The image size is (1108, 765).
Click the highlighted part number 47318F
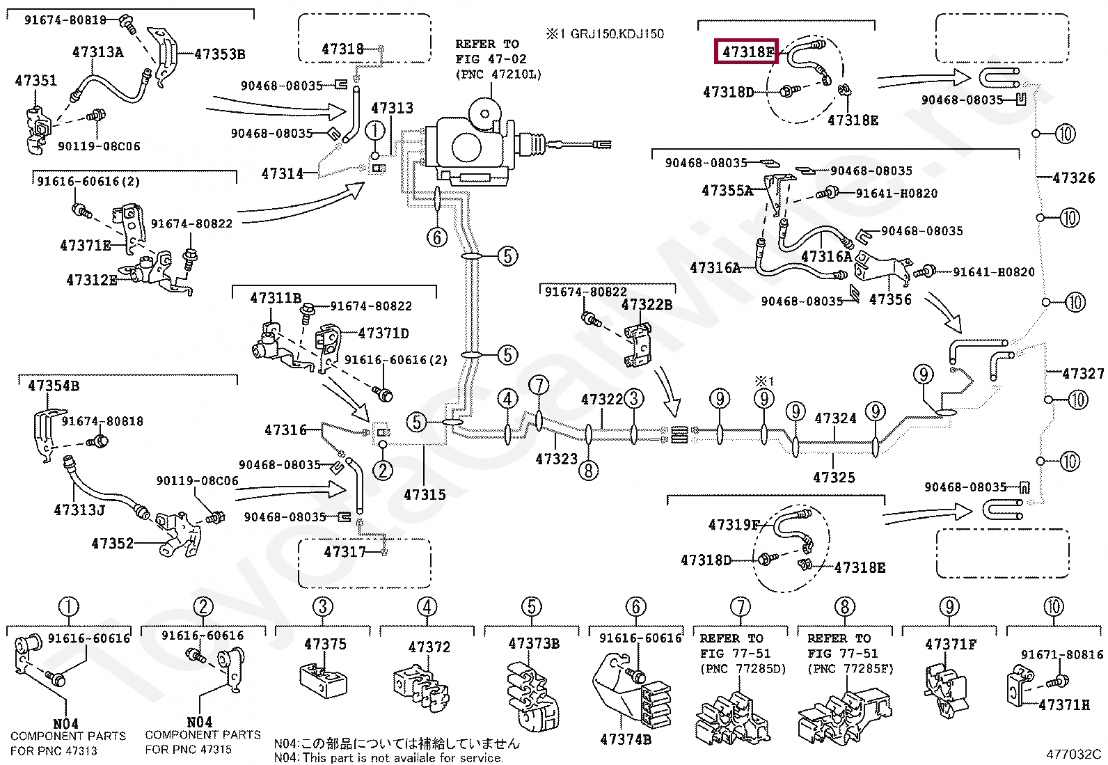click(747, 52)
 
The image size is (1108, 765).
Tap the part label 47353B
click(220, 54)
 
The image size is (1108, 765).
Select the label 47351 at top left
click(35, 80)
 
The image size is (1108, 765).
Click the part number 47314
click(282, 174)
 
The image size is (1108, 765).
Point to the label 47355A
click(727, 191)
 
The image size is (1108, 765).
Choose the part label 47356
click(890, 299)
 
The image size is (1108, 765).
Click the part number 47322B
click(647, 305)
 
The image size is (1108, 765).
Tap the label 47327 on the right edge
click(1083, 374)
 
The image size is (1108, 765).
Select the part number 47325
click(834, 478)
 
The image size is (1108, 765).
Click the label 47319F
click(734, 525)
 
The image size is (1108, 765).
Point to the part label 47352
click(112, 544)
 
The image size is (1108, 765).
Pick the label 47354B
click(54, 386)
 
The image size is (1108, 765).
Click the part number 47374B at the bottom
click(626, 739)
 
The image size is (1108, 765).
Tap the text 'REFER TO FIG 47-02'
click(491, 52)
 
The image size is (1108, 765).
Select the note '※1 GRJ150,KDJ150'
click(604, 34)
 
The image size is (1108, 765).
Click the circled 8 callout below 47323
click(588, 470)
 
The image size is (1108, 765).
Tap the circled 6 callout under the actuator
click(437, 237)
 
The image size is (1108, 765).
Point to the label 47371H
click(1064, 704)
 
